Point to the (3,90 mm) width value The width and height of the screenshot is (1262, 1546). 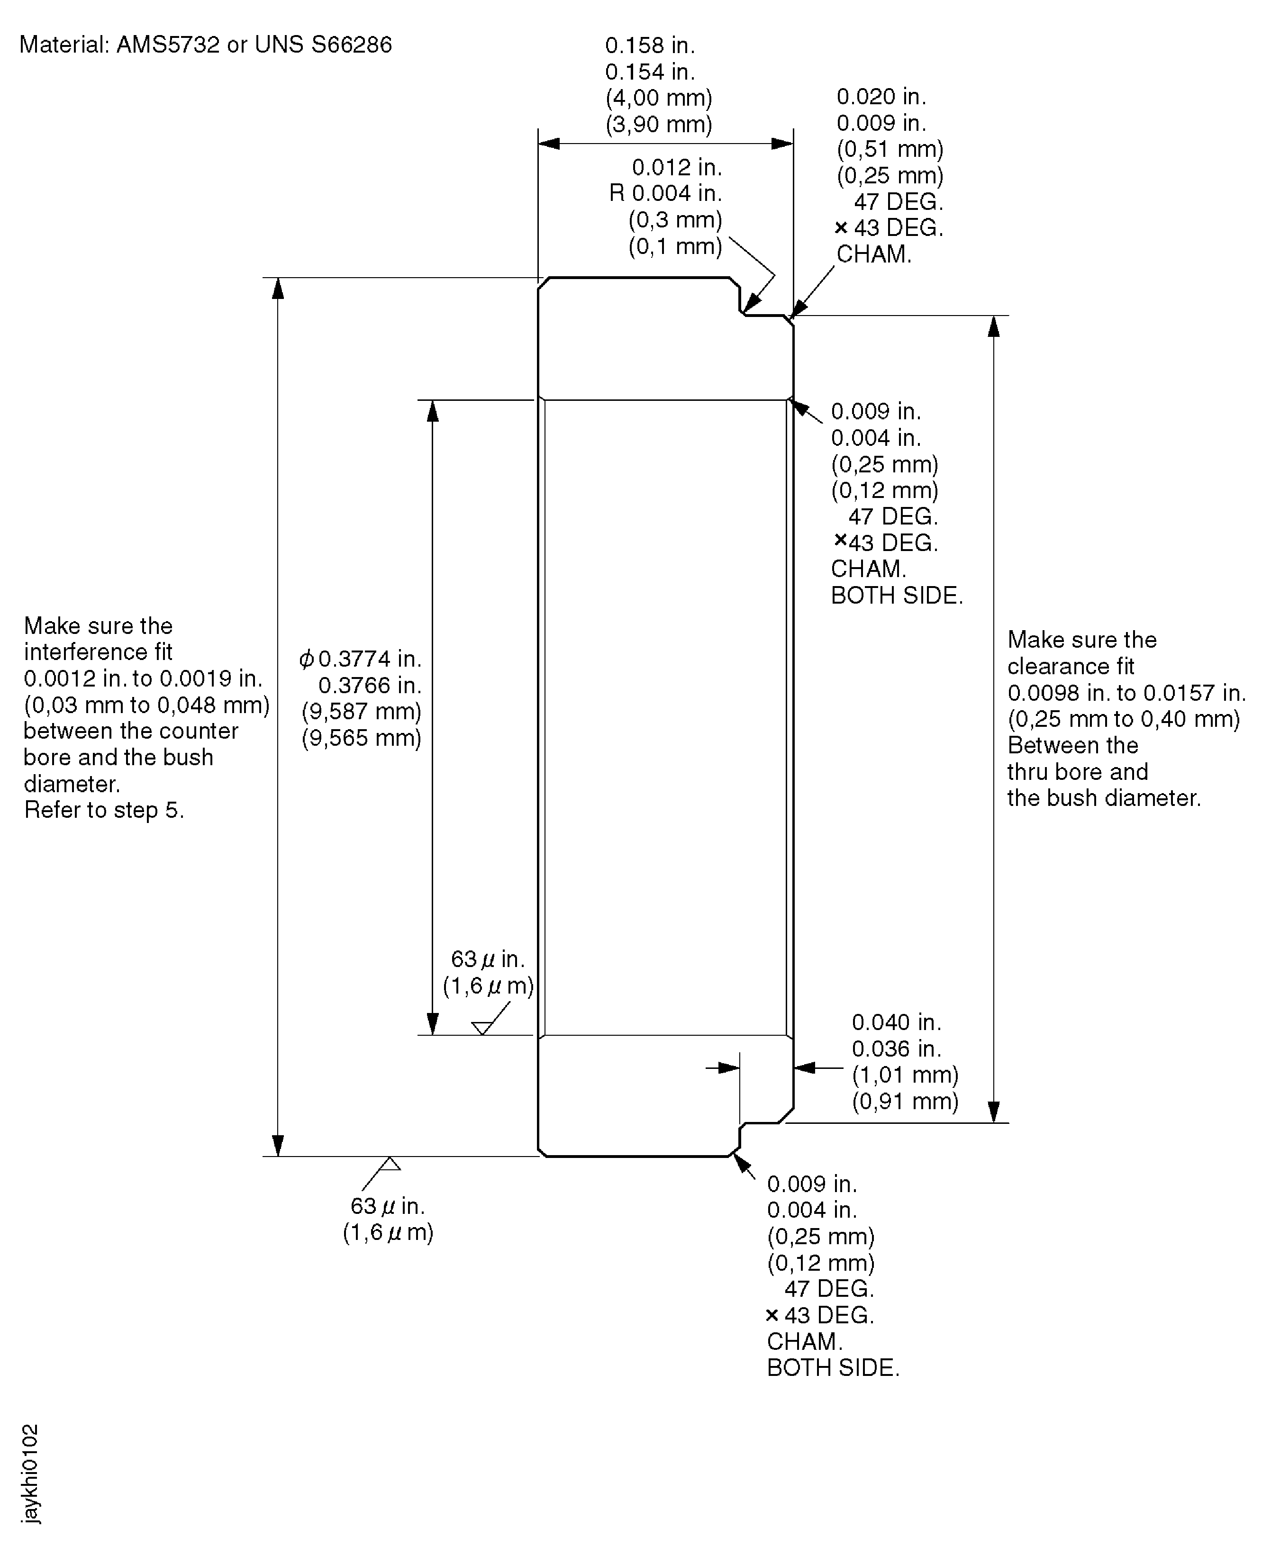tap(659, 124)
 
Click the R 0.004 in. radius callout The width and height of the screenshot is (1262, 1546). tap(665, 193)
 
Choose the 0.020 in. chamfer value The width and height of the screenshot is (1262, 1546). tap(881, 97)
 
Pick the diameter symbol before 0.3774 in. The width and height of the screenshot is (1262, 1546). tap(307, 659)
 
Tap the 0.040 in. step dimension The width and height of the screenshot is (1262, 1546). tap(896, 1022)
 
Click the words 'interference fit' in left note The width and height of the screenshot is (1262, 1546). tap(98, 652)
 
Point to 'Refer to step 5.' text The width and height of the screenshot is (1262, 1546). tap(104, 810)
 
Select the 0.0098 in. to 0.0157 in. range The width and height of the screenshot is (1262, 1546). tap(1126, 693)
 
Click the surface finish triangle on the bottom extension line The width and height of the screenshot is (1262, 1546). tap(390, 1164)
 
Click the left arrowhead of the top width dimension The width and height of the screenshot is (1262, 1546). tap(549, 143)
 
